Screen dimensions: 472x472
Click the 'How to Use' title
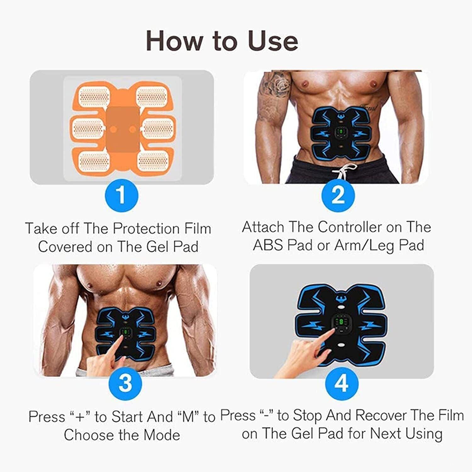click(x=222, y=41)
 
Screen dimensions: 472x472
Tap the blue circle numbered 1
click(x=121, y=195)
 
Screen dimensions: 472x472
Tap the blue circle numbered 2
click(x=338, y=195)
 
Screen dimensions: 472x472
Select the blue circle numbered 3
click(x=125, y=384)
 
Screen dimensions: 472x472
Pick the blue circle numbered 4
click(x=341, y=383)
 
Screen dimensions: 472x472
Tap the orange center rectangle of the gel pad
click(x=123, y=129)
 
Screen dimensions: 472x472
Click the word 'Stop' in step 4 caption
click(x=307, y=415)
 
